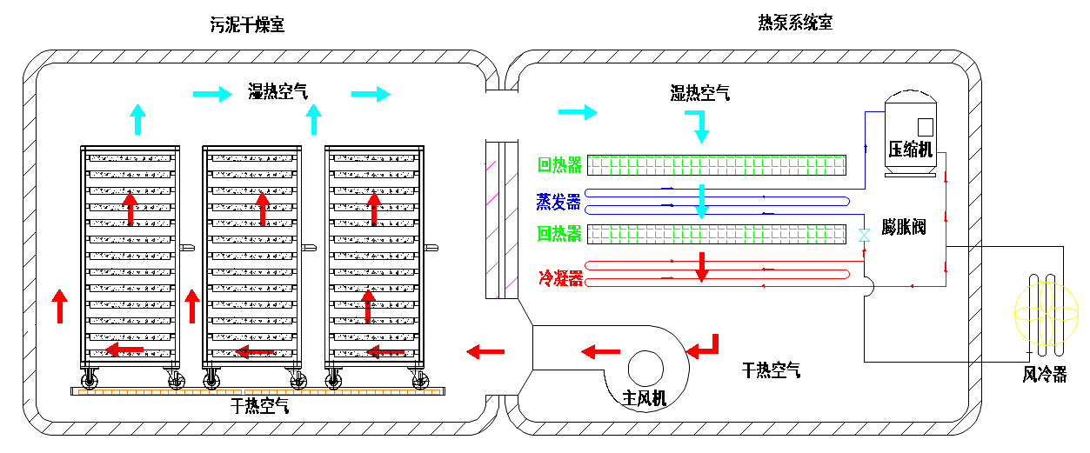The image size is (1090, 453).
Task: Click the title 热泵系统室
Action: [795, 23]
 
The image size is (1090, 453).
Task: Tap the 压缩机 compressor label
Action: [910, 150]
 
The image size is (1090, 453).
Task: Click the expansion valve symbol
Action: [864, 236]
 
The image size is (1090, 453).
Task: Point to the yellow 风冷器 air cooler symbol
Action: [1046, 315]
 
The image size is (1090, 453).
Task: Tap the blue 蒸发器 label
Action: [558, 202]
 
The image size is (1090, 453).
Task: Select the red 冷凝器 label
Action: [559, 278]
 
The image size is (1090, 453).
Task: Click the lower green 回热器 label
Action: [559, 234]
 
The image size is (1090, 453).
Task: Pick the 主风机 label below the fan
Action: [645, 399]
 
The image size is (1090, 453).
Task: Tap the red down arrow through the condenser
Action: [702, 267]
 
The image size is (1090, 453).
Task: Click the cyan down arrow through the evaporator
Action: [702, 201]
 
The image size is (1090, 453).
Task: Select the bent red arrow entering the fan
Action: [704, 346]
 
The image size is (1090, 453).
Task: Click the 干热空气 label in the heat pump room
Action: [771, 370]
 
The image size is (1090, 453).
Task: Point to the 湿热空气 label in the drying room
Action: [278, 92]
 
